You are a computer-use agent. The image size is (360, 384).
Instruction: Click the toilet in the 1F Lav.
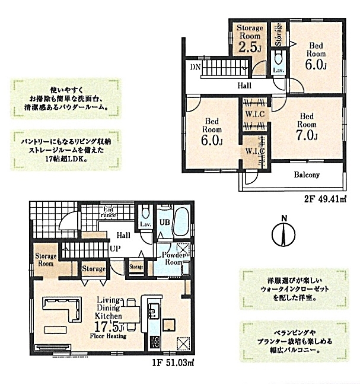[145, 212]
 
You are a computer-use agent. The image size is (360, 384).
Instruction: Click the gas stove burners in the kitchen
[154, 341]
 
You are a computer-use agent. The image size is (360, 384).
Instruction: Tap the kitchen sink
[153, 310]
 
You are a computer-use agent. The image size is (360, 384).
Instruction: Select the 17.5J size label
[110, 326]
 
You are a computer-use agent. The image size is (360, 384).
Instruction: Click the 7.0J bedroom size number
[307, 135]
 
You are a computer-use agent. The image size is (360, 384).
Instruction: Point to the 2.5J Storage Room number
[250, 47]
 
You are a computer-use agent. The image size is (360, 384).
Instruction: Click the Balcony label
[307, 174]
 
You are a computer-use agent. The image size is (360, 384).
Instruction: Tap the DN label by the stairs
[195, 67]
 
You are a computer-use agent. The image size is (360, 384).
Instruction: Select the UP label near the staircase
[115, 249]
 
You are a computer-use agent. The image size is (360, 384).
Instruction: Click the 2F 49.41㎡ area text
[325, 199]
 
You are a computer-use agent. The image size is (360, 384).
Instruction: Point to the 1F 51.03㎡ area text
[173, 362]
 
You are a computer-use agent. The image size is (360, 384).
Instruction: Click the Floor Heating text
[108, 336]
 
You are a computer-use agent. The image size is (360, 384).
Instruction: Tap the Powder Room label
[174, 258]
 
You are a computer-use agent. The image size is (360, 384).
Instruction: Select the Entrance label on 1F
[108, 212]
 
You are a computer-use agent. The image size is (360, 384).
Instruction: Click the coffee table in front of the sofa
[56, 329]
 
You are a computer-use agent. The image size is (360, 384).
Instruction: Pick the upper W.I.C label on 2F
[255, 114]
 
